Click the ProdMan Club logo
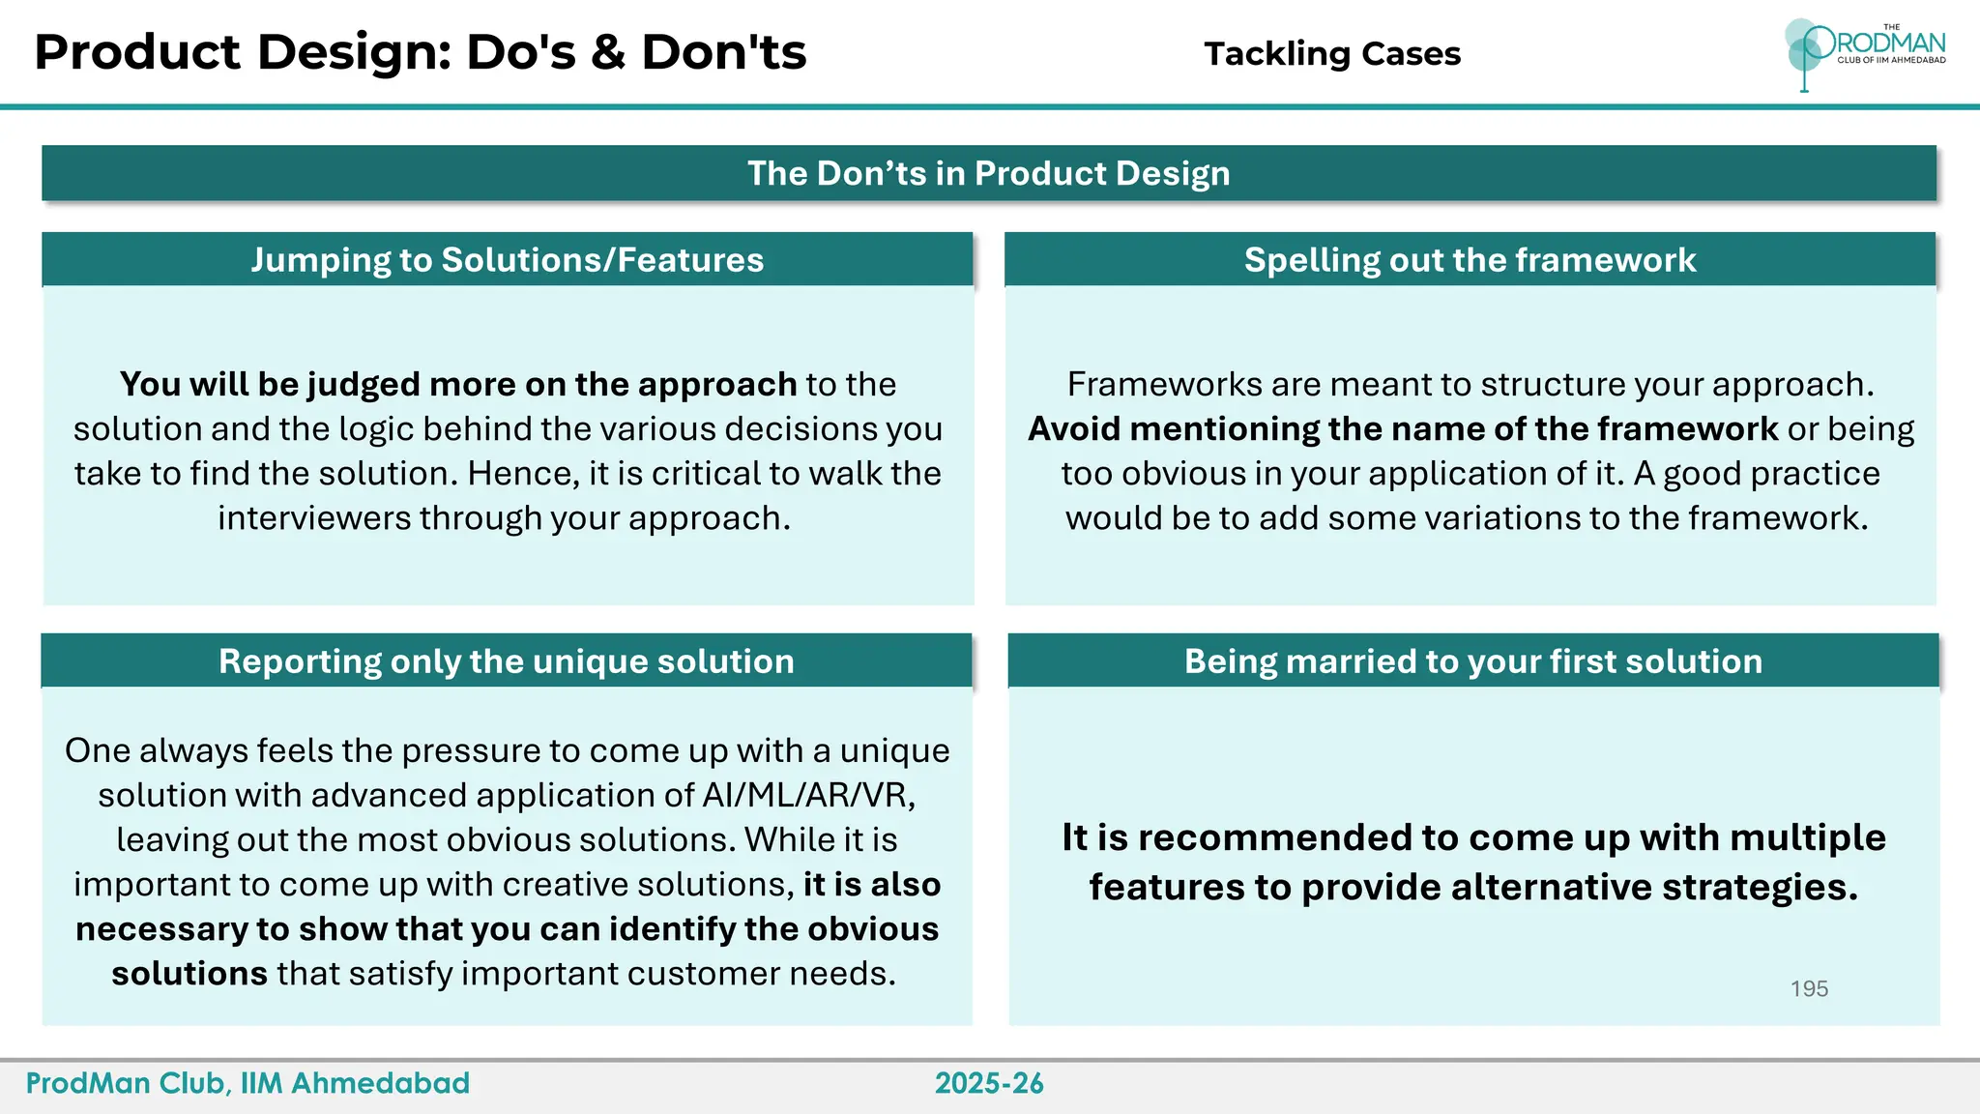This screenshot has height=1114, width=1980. [x=1863, y=53]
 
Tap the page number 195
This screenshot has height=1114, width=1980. [x=1808, y=988]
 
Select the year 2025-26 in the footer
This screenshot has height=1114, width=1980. [x=989, y=1083]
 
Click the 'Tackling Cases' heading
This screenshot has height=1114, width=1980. [x=1331, y=54]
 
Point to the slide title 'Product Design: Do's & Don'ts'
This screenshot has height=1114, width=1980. [x=420, y=52]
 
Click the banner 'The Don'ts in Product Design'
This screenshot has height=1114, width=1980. [x=988, y=173]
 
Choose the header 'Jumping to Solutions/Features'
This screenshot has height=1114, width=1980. [x=507, y=260]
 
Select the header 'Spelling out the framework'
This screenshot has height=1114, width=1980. [x=1470, y=260]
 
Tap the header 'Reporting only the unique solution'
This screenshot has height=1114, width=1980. [x=506, y=661]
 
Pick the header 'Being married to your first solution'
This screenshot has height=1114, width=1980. [x=1472, y=661]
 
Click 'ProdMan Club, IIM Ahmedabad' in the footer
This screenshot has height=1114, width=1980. [x=247, y=1083]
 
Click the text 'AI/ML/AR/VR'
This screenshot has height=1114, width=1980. [x=805, y=795]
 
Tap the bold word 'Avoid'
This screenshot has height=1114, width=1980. [x=1073, y=429]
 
